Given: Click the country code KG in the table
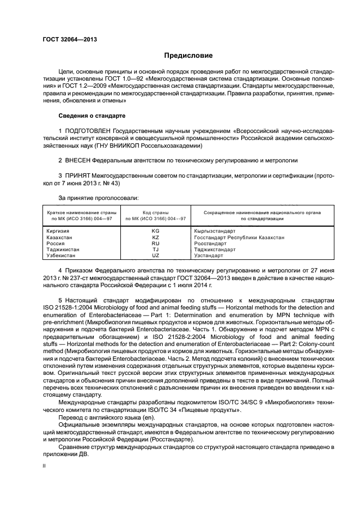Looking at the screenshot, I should click(x=155, y=230).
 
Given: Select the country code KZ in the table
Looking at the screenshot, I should click(x=155, y=237).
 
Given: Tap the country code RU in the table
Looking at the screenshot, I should click(x=155, y=243).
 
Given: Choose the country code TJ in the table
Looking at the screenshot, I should click(x=155, y=249).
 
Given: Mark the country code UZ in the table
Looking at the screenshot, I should click(x=155, y=255).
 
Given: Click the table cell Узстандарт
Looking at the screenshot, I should click(x=209, y=255).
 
